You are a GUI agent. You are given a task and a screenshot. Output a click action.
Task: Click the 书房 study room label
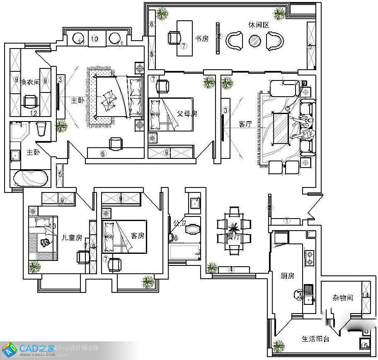pyautogui.click(x=201, y=39)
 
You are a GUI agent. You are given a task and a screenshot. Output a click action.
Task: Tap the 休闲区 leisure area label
pyautogui.click(x=259, y=25)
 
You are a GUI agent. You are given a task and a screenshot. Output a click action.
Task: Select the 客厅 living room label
pyautogui.click(x=245, y=124)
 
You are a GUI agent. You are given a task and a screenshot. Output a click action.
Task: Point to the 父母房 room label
pyautogui.click(x=175, y=113)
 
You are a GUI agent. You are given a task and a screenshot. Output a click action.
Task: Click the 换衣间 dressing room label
pyautogui.click(x=30, y=82)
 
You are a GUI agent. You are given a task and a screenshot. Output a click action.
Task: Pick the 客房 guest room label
pyautogui.click(x=137, y=236)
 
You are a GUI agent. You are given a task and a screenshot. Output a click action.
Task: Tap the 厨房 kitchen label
pyautogui.click(x=287, y=275)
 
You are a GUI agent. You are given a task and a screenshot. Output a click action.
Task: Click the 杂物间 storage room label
pyautogui.click(x=342, y=297)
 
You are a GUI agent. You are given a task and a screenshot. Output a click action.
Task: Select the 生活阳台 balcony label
pyautogui.click(x=315, y=339)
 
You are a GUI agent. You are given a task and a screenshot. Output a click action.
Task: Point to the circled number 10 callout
pyautogui.click(x=94, y=39)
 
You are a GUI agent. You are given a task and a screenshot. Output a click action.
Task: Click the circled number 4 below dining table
pyautogui.click(x=231, y=269)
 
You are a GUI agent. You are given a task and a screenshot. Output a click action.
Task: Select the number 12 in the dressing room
pyautogui.click(x=34, y=112)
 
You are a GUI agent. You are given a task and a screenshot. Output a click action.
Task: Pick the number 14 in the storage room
pyautogui.click(x=365, y=295)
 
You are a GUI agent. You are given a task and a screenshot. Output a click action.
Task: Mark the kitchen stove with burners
pyautogui.click(x=309, y=258)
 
